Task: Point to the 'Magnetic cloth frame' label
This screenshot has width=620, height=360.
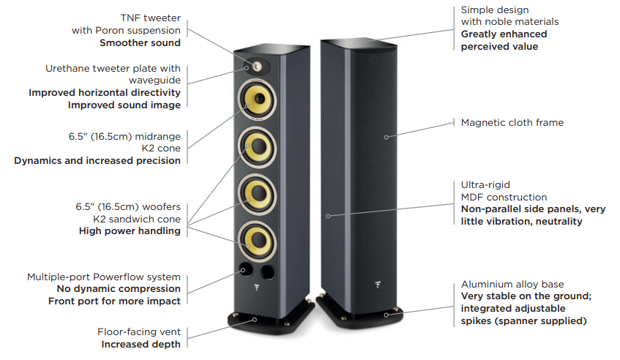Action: click(x=512, y=123)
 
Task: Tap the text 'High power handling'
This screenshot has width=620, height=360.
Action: click(x=130, y=231)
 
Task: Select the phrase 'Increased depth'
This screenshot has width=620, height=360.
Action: click(x=141, y=344)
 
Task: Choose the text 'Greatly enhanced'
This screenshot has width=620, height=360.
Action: click(x=504, y=34)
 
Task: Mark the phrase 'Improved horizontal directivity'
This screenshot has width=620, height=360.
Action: click(x=105, y=93)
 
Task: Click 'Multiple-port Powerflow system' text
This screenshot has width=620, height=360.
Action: click(x=104, y=277)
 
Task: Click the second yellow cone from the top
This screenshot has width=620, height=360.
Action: click(x=255, y=148)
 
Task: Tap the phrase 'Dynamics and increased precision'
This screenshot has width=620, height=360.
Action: click(x=97, y=160)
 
